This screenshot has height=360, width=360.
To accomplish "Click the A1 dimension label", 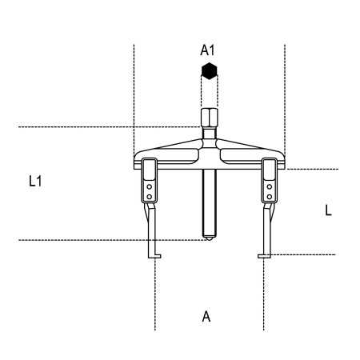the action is [x=207, y=50].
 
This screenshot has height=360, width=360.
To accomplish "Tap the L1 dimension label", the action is [x=35, y=182].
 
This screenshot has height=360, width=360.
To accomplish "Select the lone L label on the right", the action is [x=328, y=210].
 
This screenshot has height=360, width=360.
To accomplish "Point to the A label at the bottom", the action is [x=206, y=317].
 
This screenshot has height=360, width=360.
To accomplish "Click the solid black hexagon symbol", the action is [x=210, y=71].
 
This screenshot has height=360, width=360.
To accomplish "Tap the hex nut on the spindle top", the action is [x=210, y=118].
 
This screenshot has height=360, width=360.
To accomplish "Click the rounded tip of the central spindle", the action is [x=210, y=236].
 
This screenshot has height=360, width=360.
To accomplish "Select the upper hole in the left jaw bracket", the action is [x=150, y=187].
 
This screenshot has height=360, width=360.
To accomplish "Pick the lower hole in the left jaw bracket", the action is [x=150, y=197].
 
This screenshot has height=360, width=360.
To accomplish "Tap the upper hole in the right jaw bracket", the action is [x=270, y=187].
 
